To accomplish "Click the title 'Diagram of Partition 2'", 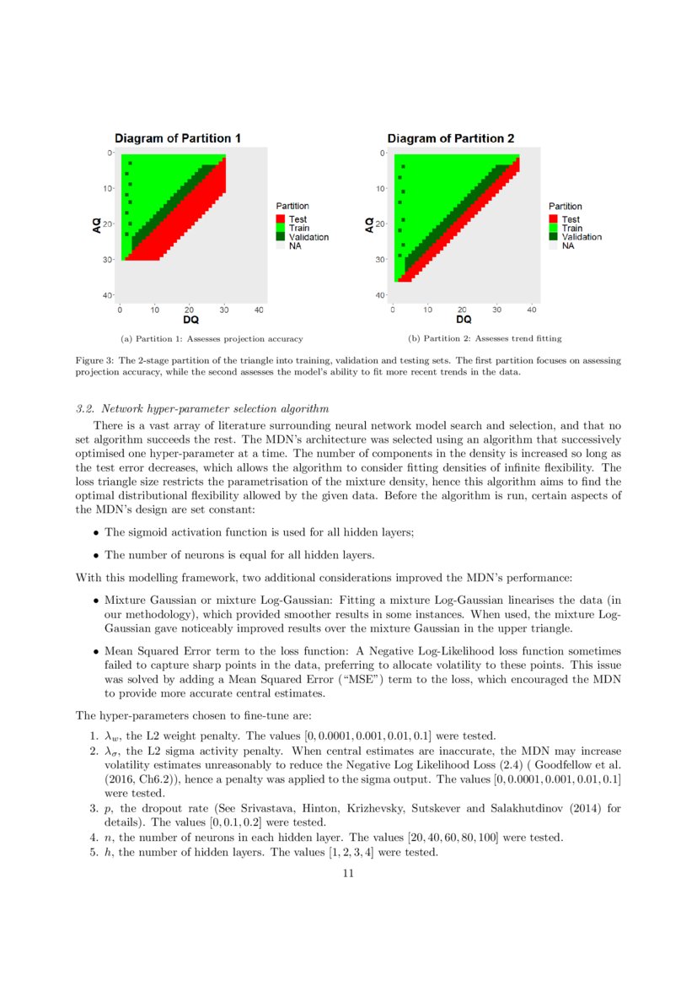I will (450, 138).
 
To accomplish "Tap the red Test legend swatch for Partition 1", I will (281, 219).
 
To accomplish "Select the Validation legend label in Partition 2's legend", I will (582, 237).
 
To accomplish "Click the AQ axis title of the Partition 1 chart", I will (98, 224).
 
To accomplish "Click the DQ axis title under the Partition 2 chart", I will (464, 320).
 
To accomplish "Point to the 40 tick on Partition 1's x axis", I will (259, 310).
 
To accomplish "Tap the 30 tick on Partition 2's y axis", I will (383, 260).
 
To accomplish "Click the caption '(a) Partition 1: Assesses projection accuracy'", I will (212, 339).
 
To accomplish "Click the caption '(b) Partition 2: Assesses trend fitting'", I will (484, 339).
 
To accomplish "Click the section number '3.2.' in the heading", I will (86, 409).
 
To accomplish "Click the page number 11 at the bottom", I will (348, 874).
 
